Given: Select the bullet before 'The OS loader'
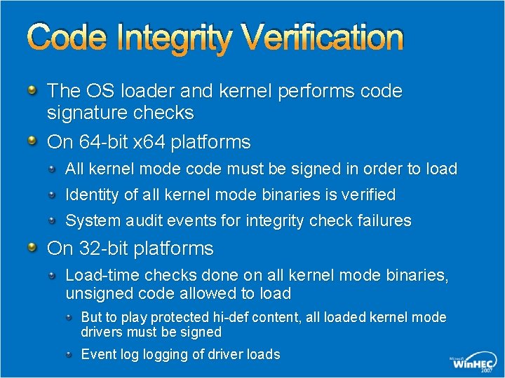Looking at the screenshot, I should [32, 90].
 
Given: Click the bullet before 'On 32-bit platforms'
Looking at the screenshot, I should [32, 248].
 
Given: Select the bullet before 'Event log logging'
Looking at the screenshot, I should [69, 354].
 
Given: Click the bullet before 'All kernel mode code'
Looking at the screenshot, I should [55, 169].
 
